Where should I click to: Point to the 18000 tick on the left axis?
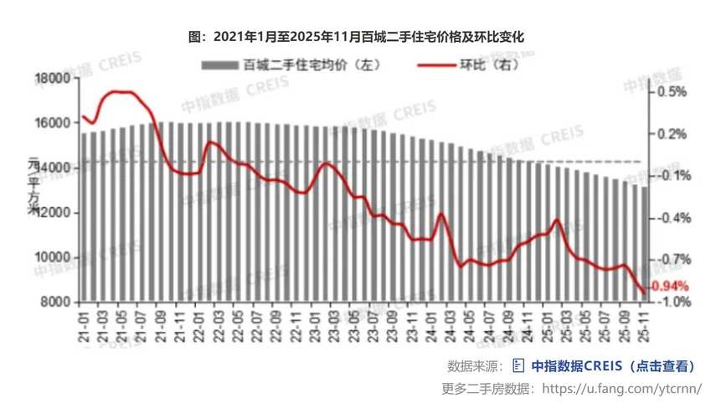pyautogui.click(x=52, y=79)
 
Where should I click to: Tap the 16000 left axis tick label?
pyautogui.click(x=52, y=123)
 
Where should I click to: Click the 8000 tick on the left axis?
pyautogui.click(x=55, y=303)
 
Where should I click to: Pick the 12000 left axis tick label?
pyautogui.click(x=52, y=213)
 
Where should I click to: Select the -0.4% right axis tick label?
pyautogui.click(x=673, y=218)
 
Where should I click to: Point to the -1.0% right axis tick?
pyautogui.click(x=673, y=303)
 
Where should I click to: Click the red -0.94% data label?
pyautogui.click(x=669, y=286)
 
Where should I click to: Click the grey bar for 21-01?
pyautogui.click(x=85, y=218)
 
